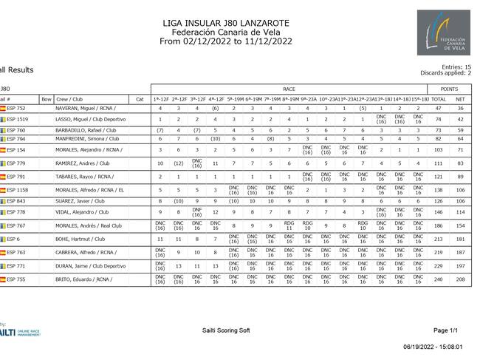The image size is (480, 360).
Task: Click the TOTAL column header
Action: point(438,98)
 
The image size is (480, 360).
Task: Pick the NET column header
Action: point(460,98)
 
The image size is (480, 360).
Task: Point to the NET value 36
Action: point(460,109)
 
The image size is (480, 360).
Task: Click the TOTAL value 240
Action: point(438,280)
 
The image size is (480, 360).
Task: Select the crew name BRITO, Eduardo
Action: point(83,280)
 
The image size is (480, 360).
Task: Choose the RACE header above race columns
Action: point(289,89)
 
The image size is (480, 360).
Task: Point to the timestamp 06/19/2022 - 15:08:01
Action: point(433,346)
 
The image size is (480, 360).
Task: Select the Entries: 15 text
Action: point(457,67)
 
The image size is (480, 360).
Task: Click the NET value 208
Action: point(460,280)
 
